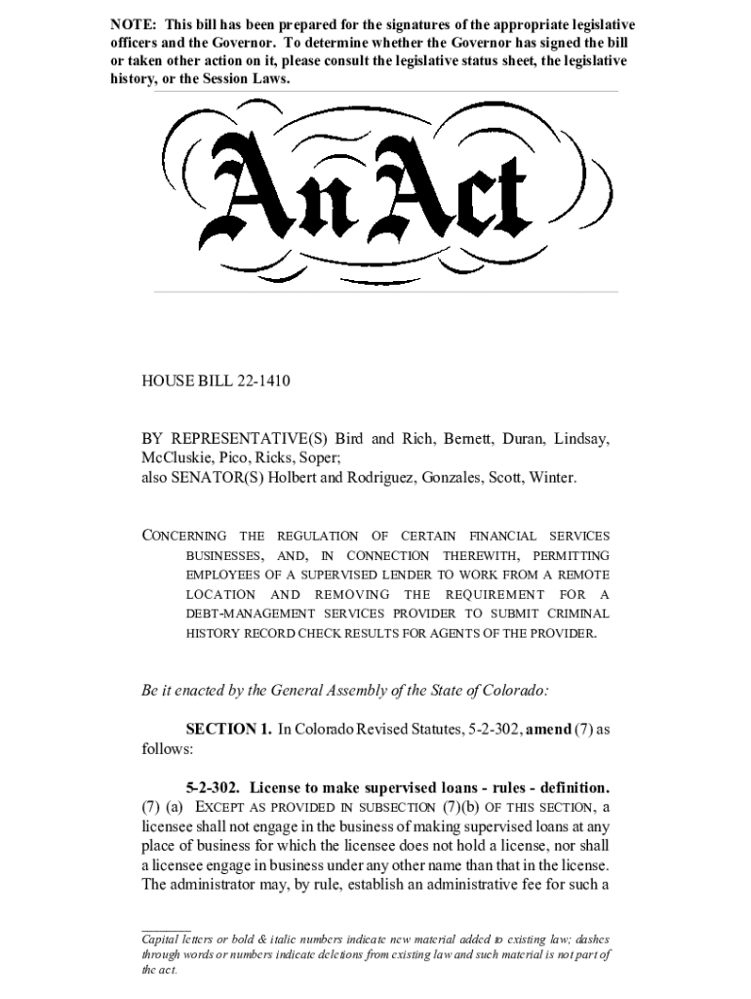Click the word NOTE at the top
point(130,23)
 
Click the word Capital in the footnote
point(163,938)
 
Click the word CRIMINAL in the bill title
point(579,614)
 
